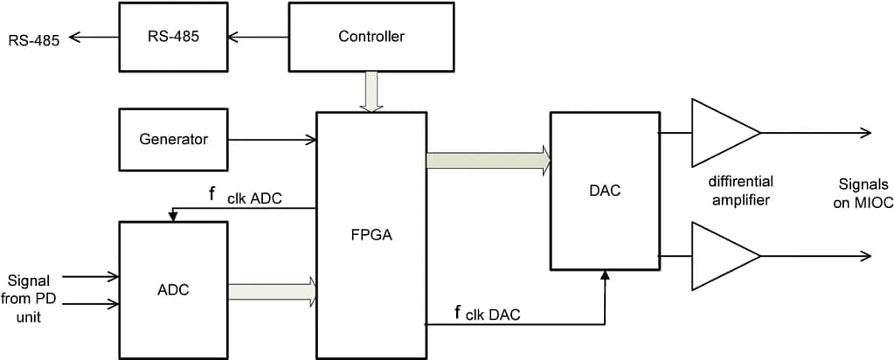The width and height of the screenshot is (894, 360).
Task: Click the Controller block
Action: click(371, 37)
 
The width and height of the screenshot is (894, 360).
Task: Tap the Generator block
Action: click(173, 139)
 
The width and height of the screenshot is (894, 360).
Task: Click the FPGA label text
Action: click(371, 234)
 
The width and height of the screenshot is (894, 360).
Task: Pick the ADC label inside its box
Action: click(173, 289)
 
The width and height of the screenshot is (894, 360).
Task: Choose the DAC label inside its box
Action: click(604, 190)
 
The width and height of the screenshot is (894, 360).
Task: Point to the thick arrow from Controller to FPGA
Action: click(372, 92)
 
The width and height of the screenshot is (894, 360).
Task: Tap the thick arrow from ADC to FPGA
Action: click(272, 290)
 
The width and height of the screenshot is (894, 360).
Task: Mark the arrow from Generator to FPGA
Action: click(272, 139)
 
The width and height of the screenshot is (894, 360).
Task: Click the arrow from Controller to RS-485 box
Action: click(258, 37)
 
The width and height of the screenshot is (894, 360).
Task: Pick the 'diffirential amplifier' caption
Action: click(741, 190)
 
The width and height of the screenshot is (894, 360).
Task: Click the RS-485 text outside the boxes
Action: click(34, 39)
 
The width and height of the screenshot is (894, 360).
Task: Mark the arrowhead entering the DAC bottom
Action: click(604, 276)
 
